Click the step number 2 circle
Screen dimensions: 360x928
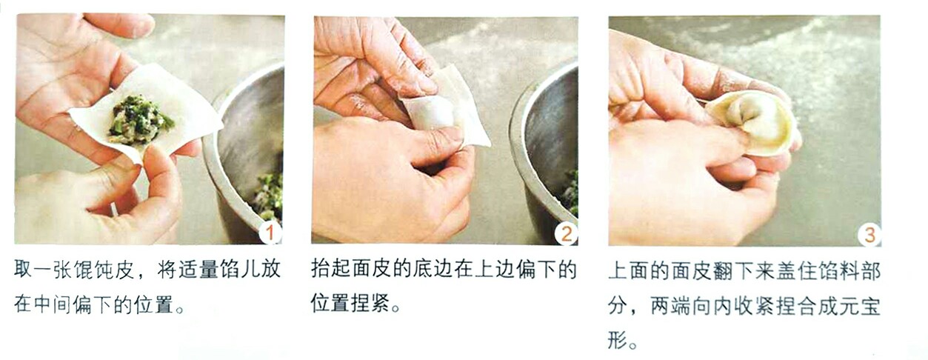(x=567, y=233)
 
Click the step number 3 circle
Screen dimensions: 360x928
(x=869, y=235)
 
